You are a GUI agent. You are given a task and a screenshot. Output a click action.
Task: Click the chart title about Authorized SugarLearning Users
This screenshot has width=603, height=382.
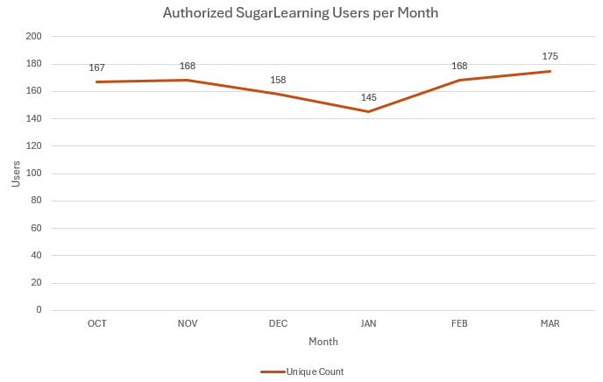coord(301,14)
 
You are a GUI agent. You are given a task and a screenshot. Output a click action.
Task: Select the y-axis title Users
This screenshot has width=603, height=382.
coord(16,173)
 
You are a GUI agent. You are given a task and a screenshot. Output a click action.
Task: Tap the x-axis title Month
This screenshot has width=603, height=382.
coord(323,341)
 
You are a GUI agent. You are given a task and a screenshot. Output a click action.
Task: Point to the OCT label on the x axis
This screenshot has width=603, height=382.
coord(97,323)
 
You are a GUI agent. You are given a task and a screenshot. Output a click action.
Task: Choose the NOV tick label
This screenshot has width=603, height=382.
coord(188,323)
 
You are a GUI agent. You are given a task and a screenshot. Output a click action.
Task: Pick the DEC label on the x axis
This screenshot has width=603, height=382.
coord(278,323)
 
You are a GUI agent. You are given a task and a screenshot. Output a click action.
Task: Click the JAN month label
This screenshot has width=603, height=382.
coord(369,323)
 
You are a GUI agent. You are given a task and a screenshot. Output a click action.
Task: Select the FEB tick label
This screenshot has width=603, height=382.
coord(459,323)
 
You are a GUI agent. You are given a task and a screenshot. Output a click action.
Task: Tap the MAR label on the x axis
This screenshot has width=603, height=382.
coord(550,323)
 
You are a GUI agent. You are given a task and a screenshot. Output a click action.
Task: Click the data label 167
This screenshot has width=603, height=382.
coord(97,67)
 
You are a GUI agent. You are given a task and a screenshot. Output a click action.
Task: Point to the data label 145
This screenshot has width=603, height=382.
coord(369,97)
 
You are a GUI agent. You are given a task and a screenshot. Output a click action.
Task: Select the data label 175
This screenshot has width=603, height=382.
coord(550,57)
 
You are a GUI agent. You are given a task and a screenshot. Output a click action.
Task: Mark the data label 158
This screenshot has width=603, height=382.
coord(278,80)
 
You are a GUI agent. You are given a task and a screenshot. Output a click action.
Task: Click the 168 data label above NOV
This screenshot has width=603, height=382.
coord(188,66)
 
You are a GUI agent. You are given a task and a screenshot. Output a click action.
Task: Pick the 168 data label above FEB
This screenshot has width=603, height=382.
coord(459,66)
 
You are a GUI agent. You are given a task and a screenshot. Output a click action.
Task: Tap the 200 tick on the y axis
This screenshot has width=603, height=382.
coord(34,36)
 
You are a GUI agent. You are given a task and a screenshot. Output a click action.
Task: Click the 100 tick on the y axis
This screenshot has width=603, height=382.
coord(34,173)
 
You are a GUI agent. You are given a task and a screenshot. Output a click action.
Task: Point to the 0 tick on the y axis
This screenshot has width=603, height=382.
coord(39,310)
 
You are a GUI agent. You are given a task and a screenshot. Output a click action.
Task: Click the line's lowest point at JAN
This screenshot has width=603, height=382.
coord(369,111)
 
